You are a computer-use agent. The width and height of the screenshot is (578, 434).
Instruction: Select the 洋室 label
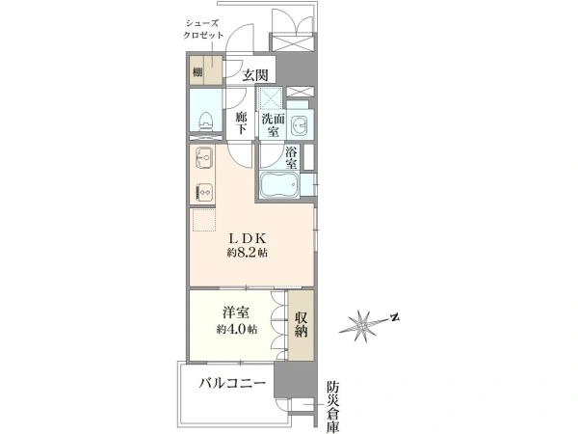[237, 313]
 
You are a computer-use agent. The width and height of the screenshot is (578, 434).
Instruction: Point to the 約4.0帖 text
[236, 330]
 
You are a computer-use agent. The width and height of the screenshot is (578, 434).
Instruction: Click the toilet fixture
[201, 122]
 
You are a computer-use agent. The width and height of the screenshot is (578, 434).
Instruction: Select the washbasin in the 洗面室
[301, 125]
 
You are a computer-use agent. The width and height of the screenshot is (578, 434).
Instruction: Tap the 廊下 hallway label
[242, 122]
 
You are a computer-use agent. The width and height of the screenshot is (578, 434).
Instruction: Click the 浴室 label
[290, 156]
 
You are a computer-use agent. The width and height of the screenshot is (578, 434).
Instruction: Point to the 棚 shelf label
[197, 72]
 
